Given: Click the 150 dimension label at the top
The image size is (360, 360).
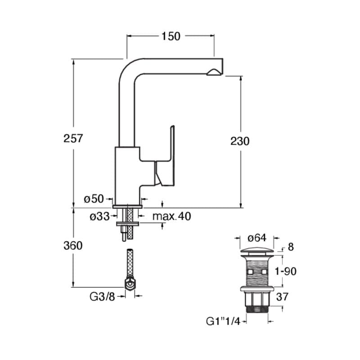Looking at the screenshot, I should click(170, 36).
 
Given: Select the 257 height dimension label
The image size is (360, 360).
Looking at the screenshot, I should click(73, 138).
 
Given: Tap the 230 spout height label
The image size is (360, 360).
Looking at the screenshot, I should click(240, 141).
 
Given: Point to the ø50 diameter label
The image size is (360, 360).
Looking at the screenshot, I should click(94, 198).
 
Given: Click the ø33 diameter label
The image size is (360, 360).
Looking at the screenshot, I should click(99, 216).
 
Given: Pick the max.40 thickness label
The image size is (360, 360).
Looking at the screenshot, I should click(171, 216).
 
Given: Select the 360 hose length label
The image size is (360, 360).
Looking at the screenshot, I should click(73, 246).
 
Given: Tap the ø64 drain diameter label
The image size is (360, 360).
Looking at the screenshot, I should click(257, 238).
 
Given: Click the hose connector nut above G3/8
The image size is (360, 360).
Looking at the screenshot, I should click(130, 284).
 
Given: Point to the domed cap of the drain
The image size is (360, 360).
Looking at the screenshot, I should click(257, 250).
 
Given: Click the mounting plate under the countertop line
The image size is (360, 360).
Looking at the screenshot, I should click(128, 222).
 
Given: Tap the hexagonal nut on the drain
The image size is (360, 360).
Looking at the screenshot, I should click(258, 299).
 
